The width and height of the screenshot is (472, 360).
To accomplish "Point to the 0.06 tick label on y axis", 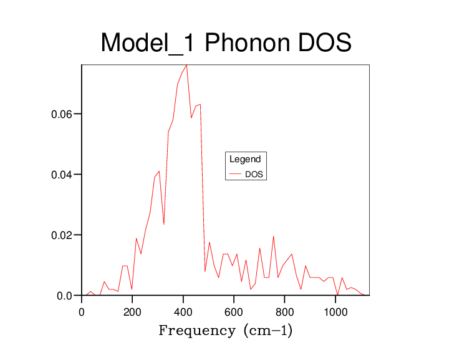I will (x=62, y=114).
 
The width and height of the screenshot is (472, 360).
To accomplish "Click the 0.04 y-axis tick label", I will (x=62, y=175).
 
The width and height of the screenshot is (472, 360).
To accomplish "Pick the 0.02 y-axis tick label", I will (x=62, y=235).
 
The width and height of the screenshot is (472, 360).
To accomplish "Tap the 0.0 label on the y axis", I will (x=65, y=296).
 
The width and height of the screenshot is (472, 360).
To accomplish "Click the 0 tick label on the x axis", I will (x=82, y=311).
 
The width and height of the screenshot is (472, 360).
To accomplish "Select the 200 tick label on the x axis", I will (x=132, y=311).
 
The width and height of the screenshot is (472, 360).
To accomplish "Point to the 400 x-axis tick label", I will (x=183, y=311).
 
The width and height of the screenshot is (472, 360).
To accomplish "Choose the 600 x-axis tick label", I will (x=234, y=311).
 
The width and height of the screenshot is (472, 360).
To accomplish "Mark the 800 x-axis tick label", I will (x=285, y=311).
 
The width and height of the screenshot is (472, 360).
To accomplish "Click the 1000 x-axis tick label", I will (x=335, y=311).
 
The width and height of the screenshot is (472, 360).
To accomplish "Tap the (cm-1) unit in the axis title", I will (x=267, y=330).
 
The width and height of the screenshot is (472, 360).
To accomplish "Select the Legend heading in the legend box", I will (x=245, y=159).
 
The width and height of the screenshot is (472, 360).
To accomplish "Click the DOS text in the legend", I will (x=254, y=175).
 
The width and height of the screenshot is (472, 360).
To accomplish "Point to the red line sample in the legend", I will (x=236, y=175).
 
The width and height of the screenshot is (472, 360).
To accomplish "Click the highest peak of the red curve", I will (x=186, y=65).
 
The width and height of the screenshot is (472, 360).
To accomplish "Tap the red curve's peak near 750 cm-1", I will (x=274, y=236).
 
